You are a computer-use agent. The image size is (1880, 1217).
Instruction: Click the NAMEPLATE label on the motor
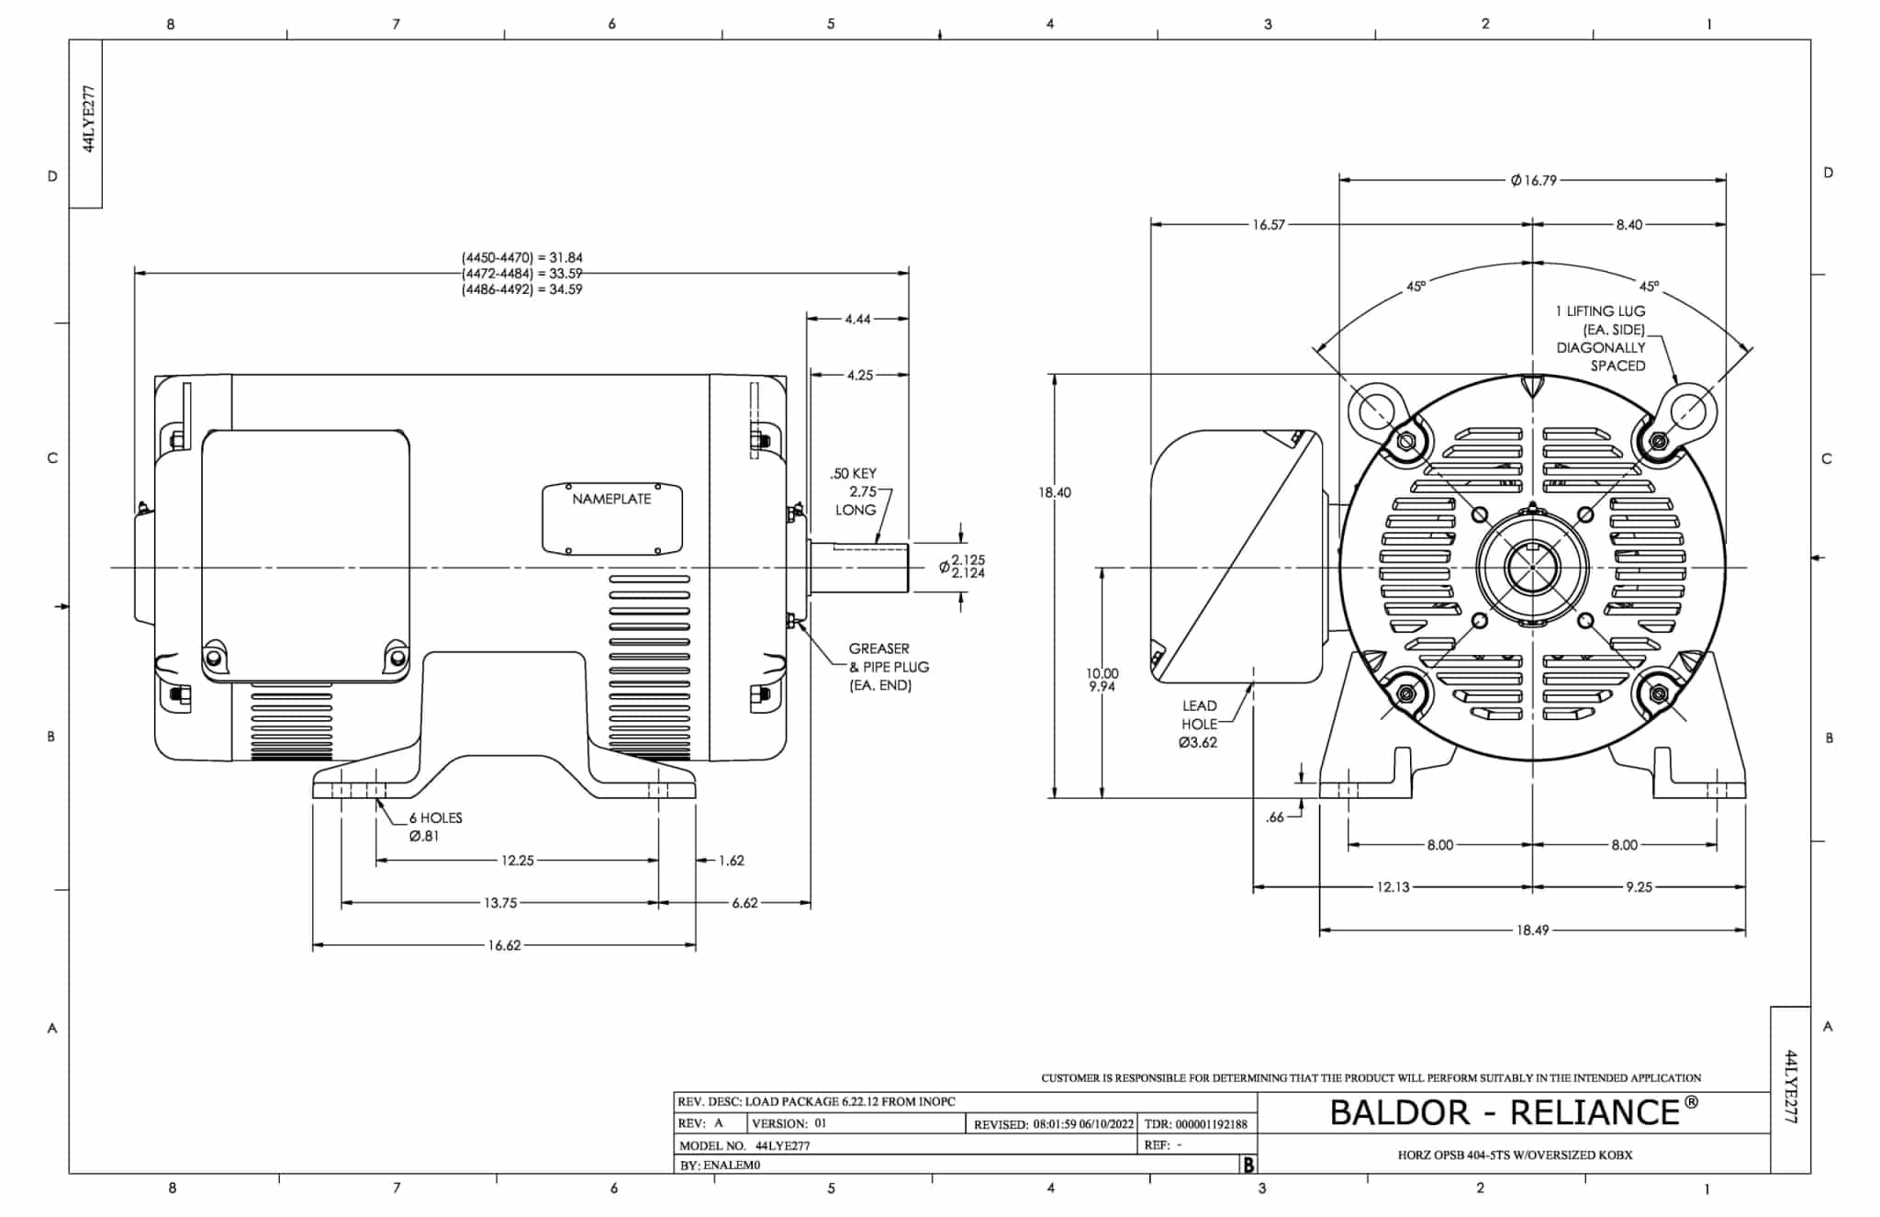611,499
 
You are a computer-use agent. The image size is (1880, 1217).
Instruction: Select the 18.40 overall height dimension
1055,492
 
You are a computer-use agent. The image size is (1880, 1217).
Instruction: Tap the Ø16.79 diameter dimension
1533,180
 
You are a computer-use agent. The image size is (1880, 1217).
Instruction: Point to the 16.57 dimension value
1269,224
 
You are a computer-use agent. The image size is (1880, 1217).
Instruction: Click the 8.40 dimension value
1629,224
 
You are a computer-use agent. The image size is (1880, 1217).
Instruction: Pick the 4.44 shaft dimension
857,319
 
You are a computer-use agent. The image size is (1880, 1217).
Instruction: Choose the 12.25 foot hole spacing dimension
517,861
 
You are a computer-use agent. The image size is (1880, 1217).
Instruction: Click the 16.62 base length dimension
504,945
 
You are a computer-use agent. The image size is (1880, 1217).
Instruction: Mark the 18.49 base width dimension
1532,930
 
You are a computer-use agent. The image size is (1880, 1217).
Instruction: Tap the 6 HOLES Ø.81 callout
434,827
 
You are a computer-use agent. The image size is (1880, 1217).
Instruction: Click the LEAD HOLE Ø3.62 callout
1199,724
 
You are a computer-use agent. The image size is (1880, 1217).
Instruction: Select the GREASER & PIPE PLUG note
887,667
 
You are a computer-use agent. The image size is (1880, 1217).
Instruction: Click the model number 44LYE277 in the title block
783,1145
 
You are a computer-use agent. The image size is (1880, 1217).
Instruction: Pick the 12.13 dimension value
1393,887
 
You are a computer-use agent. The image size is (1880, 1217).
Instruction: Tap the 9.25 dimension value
1639,887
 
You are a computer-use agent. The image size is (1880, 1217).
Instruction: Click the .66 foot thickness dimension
1275,817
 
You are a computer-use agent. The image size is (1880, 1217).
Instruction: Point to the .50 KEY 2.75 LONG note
854,491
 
